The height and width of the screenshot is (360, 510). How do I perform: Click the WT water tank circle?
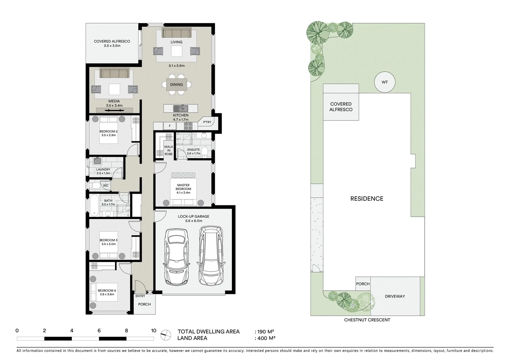(385, 82)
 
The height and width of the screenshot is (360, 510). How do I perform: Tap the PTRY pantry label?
(207, 122)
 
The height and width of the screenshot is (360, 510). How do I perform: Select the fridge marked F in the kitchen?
(170, 126)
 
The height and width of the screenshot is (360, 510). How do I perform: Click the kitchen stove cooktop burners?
(188, 126)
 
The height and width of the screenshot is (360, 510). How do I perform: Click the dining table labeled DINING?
(176, 85)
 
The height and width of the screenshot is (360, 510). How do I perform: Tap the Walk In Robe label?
(169, 150)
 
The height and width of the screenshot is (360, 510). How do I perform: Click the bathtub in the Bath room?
(94, 205)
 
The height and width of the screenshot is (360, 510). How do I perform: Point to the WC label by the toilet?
(106, 186)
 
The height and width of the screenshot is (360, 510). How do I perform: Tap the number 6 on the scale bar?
(99, 331)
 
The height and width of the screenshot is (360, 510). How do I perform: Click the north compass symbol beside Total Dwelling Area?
(164, 335)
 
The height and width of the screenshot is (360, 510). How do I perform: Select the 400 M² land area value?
(266, 338)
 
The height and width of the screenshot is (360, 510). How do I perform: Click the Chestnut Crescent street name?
(367, 320)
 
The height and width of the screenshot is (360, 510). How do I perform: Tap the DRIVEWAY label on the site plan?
(395, 296)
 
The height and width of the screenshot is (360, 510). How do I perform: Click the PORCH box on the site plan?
(363, 284)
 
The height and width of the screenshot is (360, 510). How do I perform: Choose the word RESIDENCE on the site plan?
(367, 199)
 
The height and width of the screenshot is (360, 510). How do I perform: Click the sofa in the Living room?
(176, 33)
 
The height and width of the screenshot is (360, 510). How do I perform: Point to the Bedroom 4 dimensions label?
(107, 294)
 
